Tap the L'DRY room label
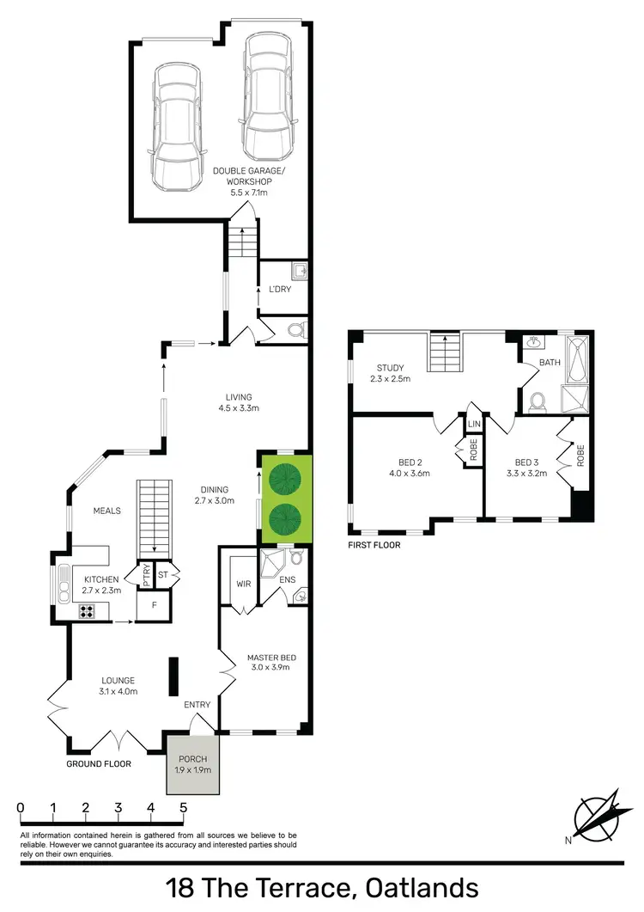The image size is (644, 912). (280, 289)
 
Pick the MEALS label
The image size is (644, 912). (107, 511)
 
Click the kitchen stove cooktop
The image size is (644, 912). (87, 611)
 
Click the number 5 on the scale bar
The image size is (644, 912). (183, 808)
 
